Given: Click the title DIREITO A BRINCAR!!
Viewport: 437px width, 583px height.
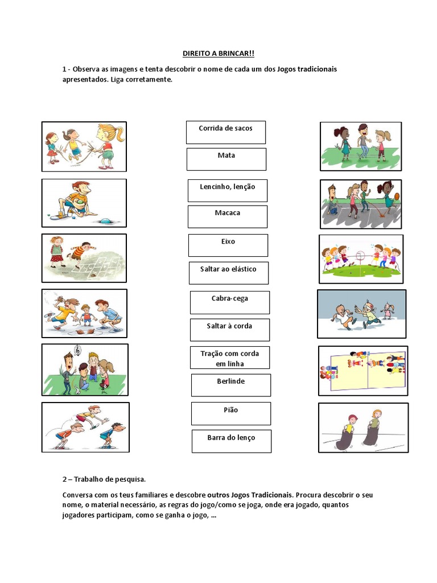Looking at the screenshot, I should [x=218, y=54].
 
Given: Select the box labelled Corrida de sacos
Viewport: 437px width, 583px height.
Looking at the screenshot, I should [x=225, y=132].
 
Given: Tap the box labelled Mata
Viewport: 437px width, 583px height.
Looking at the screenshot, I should [x=226, y=159].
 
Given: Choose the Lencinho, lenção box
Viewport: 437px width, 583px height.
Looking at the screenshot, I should [x=227, y=190].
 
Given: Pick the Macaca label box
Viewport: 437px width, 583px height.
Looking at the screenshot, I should [x=227, y=216].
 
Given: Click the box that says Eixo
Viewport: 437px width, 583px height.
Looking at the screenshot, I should [x=228, y=245].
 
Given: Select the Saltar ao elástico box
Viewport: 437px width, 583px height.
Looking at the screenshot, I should [x=228, y=273].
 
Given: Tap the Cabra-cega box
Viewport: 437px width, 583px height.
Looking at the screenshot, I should [x=229, y=302].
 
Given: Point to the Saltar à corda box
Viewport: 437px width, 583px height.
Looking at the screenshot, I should [x=229, y=330].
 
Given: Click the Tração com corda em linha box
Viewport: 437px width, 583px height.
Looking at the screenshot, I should [x=229, y=358].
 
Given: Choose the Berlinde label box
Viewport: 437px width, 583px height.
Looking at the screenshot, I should [x=230, y=385].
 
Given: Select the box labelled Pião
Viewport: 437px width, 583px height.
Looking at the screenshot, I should [x=230, y=413].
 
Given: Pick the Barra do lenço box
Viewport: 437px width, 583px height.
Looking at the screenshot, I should [x=231, y=441].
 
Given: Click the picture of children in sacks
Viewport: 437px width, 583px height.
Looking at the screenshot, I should [x=363, y=428].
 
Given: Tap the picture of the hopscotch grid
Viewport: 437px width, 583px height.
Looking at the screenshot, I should [x=84, y=258].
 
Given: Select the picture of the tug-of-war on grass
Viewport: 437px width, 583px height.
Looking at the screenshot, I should [x=361, y=258].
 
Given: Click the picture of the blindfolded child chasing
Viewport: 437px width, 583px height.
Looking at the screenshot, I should [x=361, y=313].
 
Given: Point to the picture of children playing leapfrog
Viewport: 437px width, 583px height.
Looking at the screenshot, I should [x=85, y=427].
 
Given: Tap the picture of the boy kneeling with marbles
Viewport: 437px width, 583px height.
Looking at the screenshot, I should [x=84, y=203].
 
